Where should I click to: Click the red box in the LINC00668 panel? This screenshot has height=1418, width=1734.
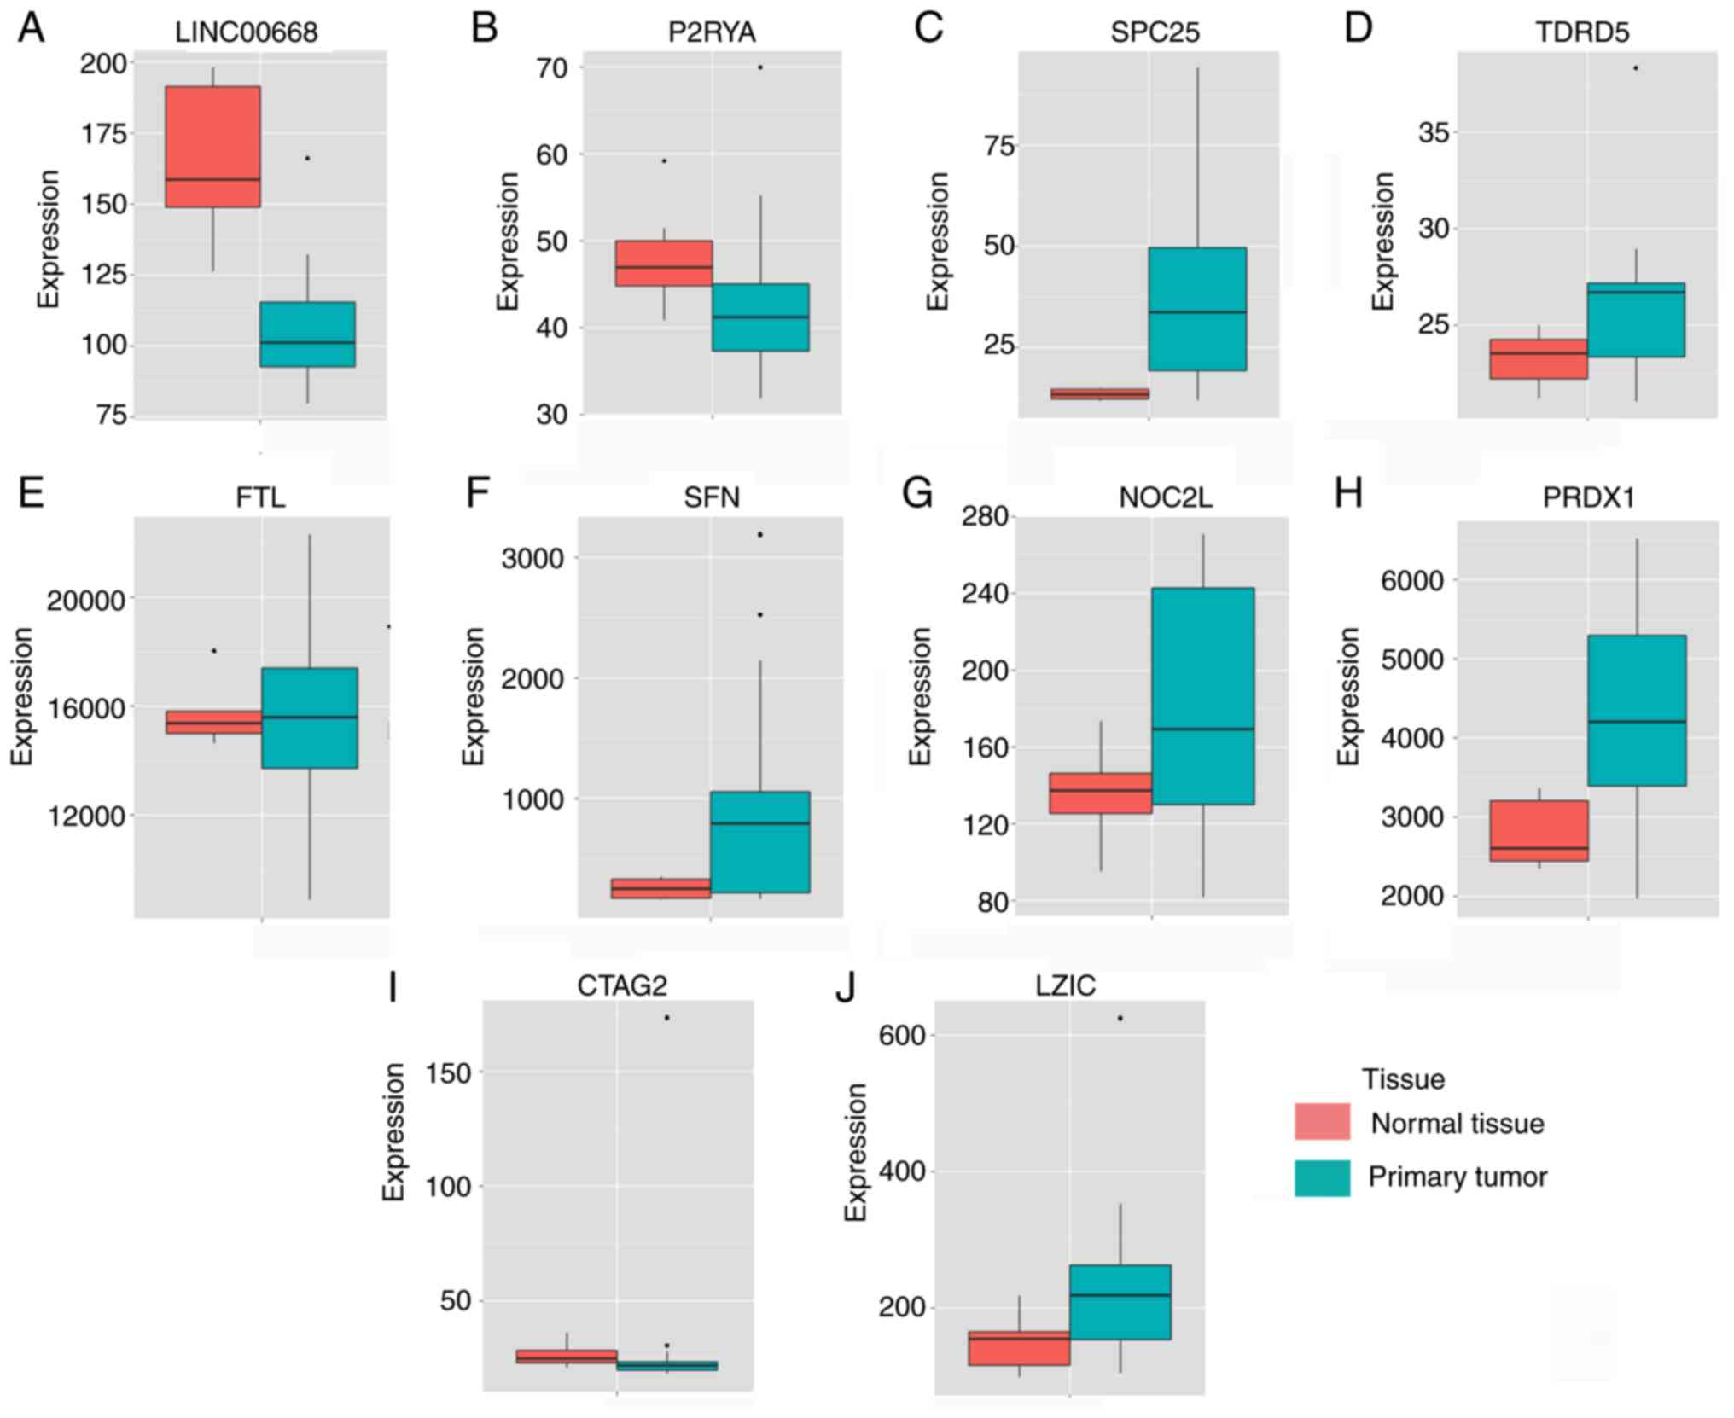point(212,146)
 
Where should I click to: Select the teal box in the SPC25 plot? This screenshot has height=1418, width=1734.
point(1197,308)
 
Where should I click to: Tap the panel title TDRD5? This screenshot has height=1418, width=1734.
point(1582,32)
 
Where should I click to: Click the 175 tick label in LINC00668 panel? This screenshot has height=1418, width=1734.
point(103,134)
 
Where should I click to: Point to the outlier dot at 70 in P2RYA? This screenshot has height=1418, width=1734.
point(760,67)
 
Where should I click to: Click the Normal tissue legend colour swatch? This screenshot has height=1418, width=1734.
point(1322,1122)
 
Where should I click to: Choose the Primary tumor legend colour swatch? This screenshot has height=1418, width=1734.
point(1322,1177)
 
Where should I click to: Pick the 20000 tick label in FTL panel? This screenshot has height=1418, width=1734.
point(85,601)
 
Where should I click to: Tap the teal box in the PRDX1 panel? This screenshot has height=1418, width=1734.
point(1637,710)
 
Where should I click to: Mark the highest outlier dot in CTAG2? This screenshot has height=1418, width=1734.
point(666,1018)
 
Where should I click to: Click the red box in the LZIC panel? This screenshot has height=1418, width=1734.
point(1019,1348)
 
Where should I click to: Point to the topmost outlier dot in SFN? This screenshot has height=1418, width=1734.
point(760,534)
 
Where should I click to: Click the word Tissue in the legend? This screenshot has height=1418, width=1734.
point(1403,1079)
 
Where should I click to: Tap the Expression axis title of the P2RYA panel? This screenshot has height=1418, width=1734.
point(508,241)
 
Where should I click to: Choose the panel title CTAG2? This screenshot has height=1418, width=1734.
point(621,985)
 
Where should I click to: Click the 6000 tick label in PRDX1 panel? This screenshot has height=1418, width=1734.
point(1412,581)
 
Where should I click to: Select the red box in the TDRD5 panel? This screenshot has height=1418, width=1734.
point(1538,358)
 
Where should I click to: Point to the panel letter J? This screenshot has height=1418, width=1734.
point(845,986)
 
